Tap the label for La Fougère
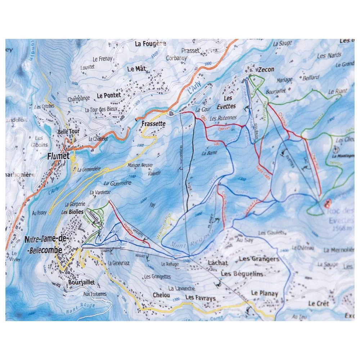coord(150,44)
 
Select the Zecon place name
coord(266,69)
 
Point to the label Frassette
coord(153,123)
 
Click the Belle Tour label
coord(68,132)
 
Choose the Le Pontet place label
coord(108,96)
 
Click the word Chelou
coord(161,295)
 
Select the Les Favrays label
coord(200,298)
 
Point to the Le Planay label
coord(265,293)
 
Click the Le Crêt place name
coord(319,304)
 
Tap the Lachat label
coord(218,263)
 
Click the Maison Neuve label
coord(140,166)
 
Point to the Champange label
coord(78,98)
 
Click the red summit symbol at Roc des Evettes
coord(327,204)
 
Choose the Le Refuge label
coord(170,264)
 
